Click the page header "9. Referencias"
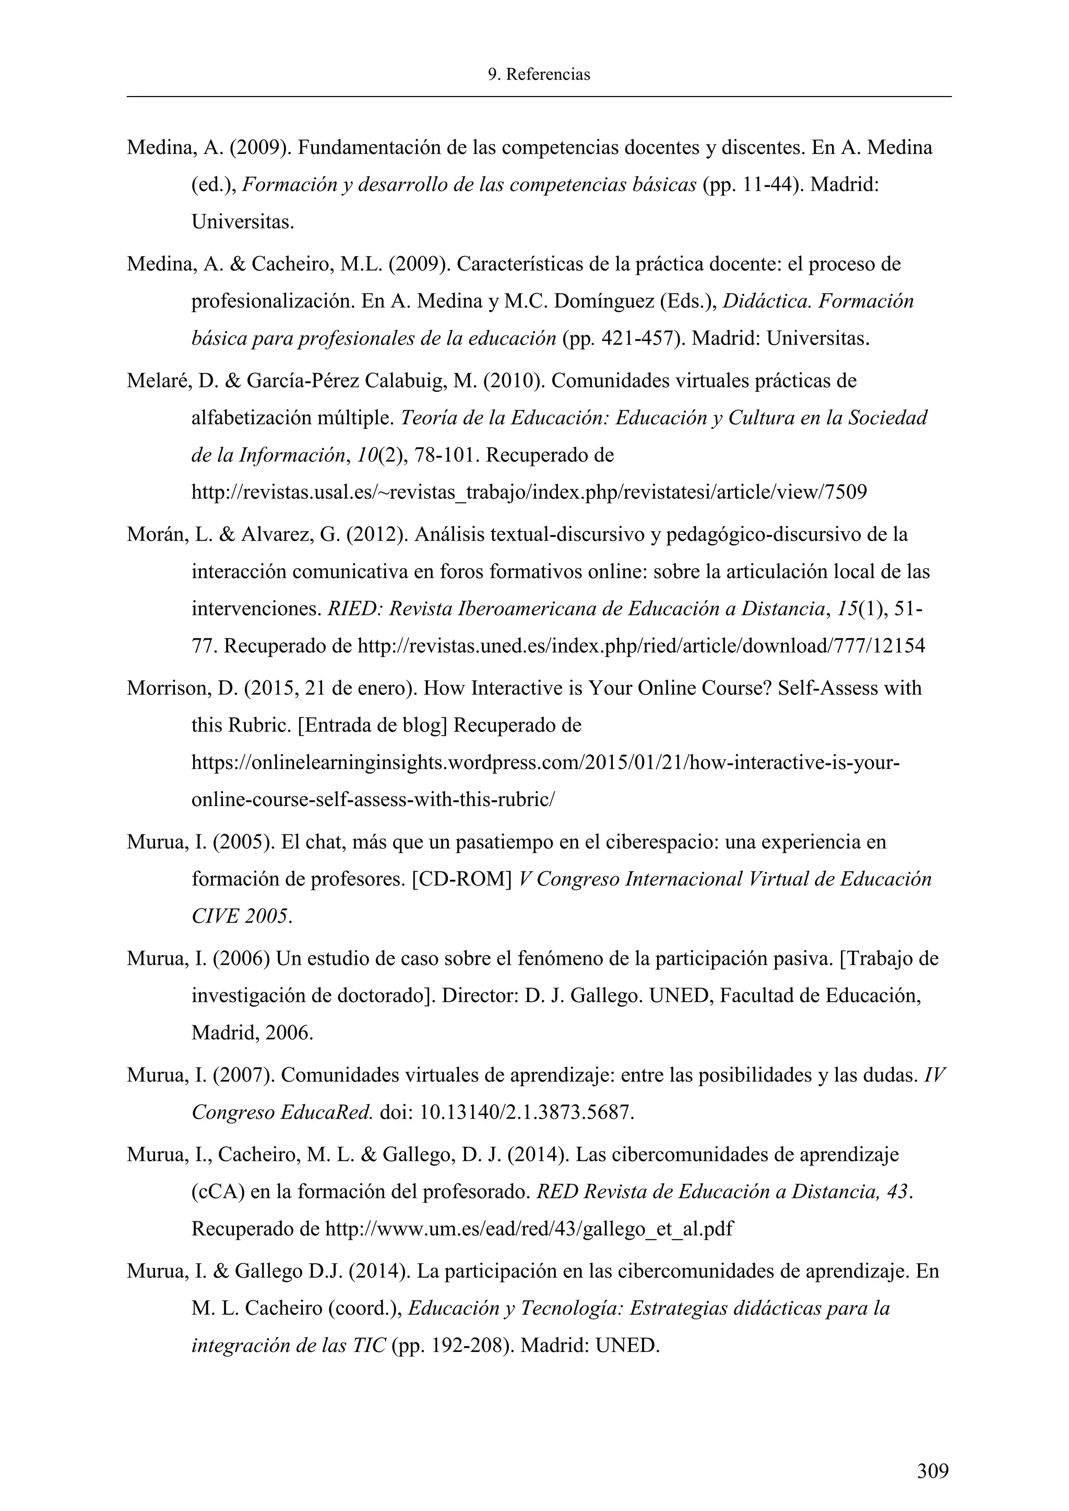tap(539, 75)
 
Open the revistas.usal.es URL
tap(529, 491)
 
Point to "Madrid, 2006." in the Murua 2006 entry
tap(252, 1033)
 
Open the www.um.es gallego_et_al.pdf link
tap(529, 1229)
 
